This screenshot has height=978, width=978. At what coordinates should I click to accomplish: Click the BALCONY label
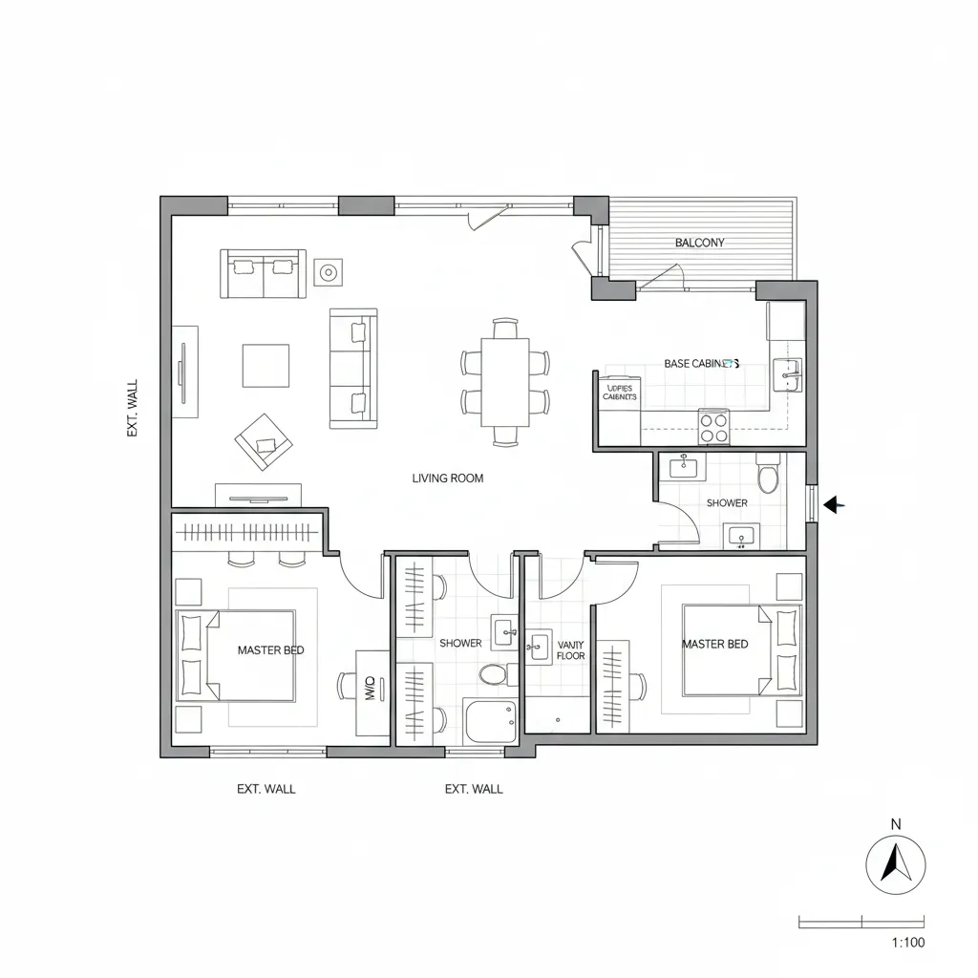(699, 243)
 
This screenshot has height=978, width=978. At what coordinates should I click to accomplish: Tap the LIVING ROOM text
(447, 478)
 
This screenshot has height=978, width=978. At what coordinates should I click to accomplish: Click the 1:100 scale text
(907, 943)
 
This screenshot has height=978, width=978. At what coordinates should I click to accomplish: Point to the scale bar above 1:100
(861, 922)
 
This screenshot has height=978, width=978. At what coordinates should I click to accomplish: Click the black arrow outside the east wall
(835, 504)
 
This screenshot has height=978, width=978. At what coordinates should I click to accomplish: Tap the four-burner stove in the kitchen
(713, 425)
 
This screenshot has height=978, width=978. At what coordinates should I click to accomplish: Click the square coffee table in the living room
(266, 365)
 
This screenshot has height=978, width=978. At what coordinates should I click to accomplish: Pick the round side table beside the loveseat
(328, 273)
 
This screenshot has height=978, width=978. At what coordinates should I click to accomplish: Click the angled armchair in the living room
(264, 441)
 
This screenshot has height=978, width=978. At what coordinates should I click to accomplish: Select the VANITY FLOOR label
(570, 650)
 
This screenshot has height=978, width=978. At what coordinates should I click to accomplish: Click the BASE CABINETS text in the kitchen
(702, 364)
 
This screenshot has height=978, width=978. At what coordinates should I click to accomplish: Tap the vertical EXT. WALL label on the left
(132, 409)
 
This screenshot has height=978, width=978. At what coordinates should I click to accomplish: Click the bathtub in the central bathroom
(490, 721)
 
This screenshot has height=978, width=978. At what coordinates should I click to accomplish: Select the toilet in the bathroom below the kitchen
(768, 477)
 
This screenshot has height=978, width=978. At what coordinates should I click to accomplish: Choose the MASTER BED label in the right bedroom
(714, 644)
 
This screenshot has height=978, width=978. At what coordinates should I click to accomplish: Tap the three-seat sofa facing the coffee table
(352, 369)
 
